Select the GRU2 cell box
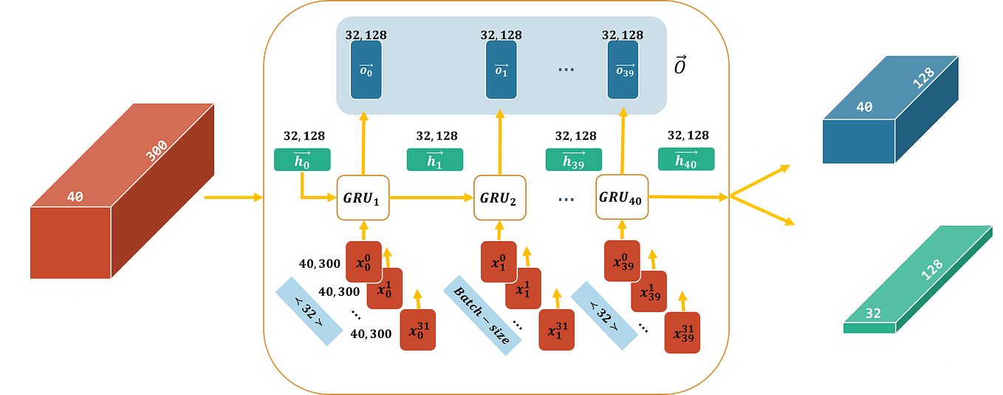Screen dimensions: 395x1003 click(x=500, y=197)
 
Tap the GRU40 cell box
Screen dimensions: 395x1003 click(x=622, y=197)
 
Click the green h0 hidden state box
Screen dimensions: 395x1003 click(x=302, y=160)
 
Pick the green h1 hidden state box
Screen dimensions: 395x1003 click(x=434, y=160)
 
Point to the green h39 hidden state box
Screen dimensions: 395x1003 click(x=574, y=160)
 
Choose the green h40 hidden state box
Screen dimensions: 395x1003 click(x=686, y=160)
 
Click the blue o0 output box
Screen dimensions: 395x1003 click(x=366, y=70)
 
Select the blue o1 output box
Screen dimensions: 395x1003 click(x=501, y=70)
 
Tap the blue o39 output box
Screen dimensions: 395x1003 click(x=623, y=70)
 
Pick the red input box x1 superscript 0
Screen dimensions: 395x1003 click(x=499, y=261)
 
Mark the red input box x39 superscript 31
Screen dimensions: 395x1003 click(x=682, y=333)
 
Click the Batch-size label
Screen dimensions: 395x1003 click(x=482, y=314)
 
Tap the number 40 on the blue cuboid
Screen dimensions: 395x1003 click(x=864, y=107)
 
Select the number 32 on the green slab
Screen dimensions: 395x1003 click(x=872, y=314)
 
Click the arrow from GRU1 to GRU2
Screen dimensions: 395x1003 click(x=431, y=197)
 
